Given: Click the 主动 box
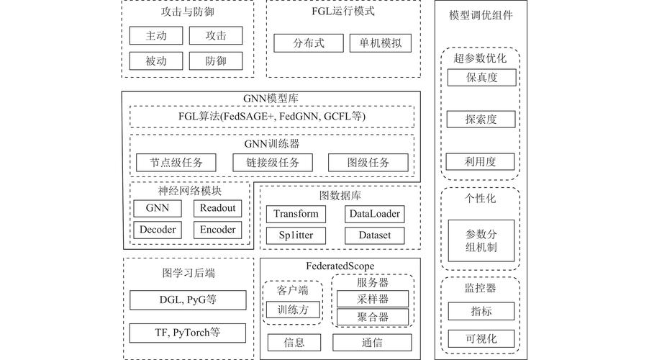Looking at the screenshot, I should [156, 36].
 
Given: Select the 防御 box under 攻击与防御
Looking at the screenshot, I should [215, 61].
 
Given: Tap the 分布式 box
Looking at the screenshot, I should [308, 43].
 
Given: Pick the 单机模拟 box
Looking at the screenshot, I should [381, 43].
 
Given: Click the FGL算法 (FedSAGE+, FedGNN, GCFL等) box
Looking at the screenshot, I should [272, 117].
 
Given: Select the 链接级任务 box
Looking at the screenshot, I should [272, 163].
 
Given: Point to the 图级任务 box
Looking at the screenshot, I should [368, 163].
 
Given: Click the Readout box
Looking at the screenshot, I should [217, 208].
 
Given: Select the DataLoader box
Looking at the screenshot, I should [374, 214].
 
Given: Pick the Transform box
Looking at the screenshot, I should [295, 214].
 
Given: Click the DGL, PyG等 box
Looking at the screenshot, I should [186, 300].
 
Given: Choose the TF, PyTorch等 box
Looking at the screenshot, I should [186, 333].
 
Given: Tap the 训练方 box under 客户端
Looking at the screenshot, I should [291, 310].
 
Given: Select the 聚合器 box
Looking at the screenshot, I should [372, 317].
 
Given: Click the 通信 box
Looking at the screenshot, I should [372, 343].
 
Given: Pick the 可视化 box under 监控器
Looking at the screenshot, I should [481, 338].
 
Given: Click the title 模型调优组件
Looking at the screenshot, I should [481, 16].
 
